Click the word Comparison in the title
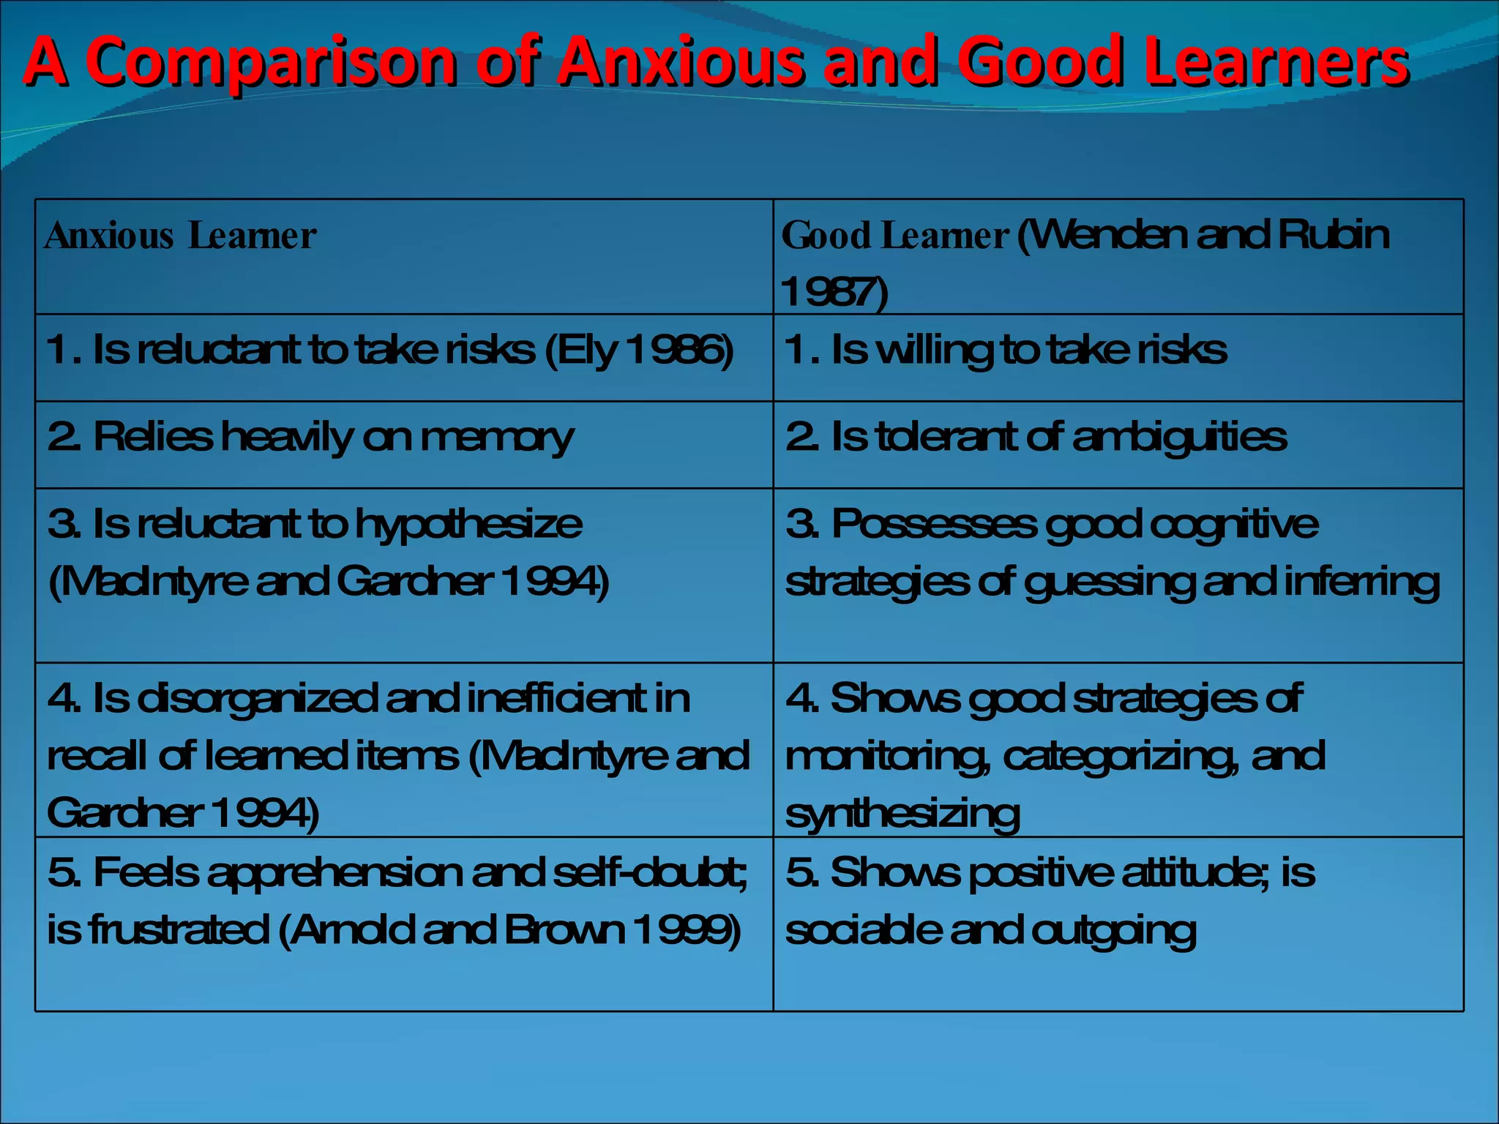[272, 61]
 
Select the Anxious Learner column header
[180, 236]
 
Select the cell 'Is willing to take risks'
[1005, 350]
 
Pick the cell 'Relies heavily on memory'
[310, 438]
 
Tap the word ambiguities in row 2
[1179, 438]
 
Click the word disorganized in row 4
[257, 699]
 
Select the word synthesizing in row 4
[902, 814]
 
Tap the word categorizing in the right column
[1120, 757]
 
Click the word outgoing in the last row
[1113, 932]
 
